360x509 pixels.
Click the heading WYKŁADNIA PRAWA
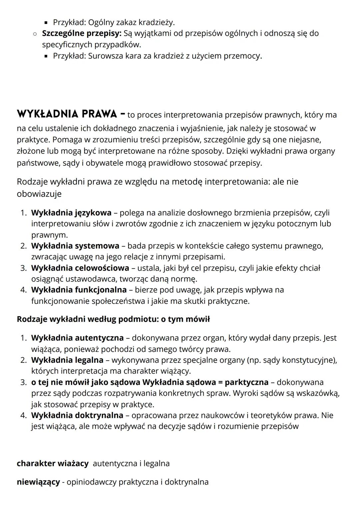[67, 114]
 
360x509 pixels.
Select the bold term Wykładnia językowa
[71, 213]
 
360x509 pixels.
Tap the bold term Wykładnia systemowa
[75, 246]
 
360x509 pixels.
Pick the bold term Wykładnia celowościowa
[80, 268]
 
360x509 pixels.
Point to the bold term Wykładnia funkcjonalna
[79, 290]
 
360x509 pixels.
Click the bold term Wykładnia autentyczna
[77, 338]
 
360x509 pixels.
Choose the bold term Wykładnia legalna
[67, 360]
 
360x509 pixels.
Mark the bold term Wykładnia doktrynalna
[77, 416]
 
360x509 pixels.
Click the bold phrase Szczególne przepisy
[82, 33]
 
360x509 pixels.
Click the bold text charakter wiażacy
[53, 464]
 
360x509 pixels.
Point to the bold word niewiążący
[38, 482]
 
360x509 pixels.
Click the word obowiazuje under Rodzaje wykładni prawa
[39, 194]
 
